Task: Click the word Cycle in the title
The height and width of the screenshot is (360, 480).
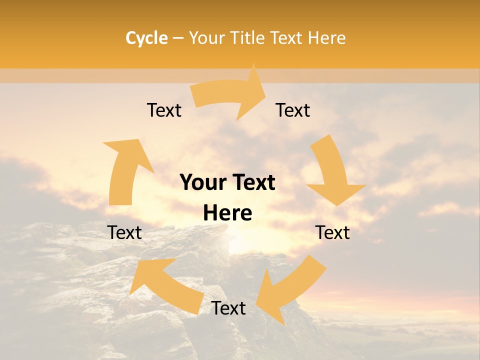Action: point(146,38)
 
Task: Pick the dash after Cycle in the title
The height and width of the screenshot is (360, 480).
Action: point(177,38)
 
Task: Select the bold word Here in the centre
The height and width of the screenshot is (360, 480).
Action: point(227,213)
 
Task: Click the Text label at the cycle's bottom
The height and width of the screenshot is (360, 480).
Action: point(228,308)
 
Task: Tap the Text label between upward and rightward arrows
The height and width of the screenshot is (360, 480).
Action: point(164,110)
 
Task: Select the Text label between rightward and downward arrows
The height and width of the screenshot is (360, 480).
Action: point(293,110)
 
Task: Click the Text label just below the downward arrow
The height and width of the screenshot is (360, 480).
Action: point(332,232)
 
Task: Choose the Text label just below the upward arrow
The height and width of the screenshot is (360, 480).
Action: point(124,232)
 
